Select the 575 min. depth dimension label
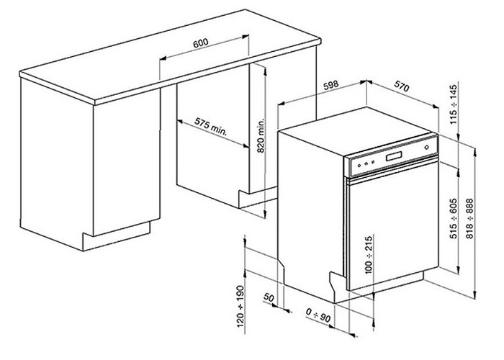click(x=211, y=127)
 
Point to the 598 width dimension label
click(x=330, y=84)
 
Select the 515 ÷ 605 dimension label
click(x=451, y=218)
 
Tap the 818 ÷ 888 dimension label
click(x=469, y=219)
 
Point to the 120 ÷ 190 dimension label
click(x=240, y=307)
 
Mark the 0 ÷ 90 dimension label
click(x=316, y=315)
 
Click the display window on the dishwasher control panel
click(x=395, y=158)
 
